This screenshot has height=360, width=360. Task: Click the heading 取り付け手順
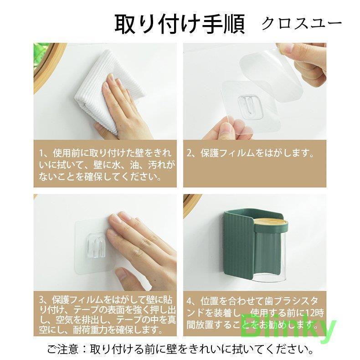[180, 24]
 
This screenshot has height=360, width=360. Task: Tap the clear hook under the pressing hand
[97, 245]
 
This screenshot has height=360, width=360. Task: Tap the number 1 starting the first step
[41, 153]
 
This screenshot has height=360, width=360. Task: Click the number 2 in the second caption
[190, 153]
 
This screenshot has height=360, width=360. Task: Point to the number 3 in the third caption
[41, 300]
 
